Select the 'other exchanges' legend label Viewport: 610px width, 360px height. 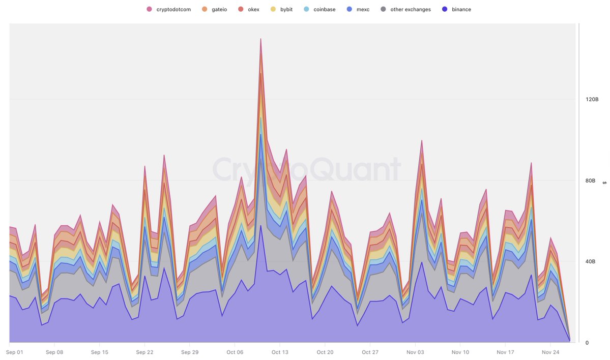pos(411,9)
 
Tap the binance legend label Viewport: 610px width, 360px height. pos(461,9)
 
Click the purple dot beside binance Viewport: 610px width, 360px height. pos(445,9)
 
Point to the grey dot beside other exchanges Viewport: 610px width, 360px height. pos(384,9)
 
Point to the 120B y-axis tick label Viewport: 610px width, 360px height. pos(592,100)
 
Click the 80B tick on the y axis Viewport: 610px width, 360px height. pos(590,181)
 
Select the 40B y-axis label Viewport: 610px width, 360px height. pos(590,262)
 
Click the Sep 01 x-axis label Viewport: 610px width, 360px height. pos(16,352)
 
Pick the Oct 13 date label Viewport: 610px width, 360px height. pos(280,352)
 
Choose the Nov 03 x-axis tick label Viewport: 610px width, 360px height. pos(415,352)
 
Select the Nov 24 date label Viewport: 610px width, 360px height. pos(550,352)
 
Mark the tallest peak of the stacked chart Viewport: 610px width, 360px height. pos(261,39)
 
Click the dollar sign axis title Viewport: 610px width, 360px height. pos(604,183)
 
